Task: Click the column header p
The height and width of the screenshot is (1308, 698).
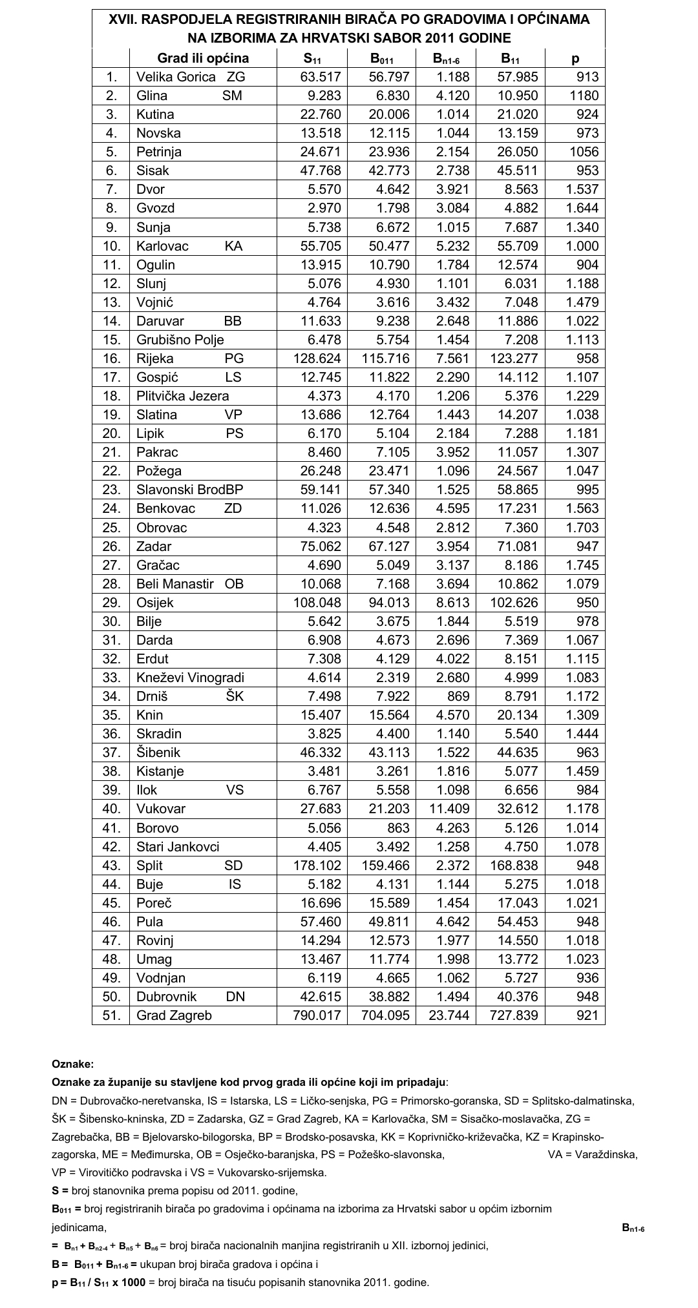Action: coord(575,58)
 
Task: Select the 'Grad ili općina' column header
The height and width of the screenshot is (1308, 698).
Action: coord(203,58)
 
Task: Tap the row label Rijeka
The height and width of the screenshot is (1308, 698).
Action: coord(155,358)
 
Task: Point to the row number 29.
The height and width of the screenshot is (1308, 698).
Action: coord(112,603)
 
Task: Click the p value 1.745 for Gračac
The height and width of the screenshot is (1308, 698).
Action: coord(582,565)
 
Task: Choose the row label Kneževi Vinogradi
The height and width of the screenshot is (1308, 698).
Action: coord(190,678)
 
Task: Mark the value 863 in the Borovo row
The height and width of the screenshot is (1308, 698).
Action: coord(396,828)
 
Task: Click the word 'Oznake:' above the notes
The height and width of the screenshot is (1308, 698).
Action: coord(72,1064)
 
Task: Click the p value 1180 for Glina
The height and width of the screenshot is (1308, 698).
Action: coord(584,96)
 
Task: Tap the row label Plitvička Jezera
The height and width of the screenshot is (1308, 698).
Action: coord(182,396)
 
